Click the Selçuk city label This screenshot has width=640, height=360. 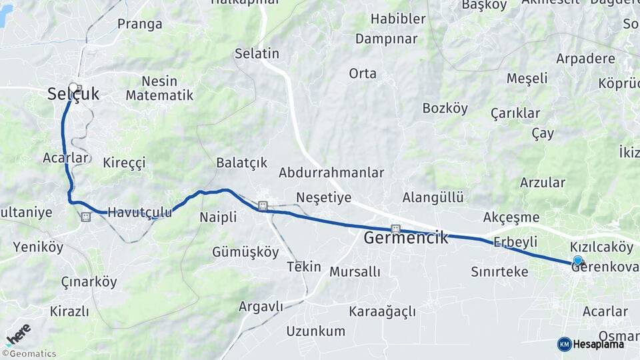tap(73, 95)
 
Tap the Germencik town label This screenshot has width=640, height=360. tap(406, 237)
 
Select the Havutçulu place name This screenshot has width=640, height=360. tap(139, 212)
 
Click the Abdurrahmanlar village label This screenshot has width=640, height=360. tap(331, 173)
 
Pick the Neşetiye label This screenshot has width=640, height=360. tap(323, 197)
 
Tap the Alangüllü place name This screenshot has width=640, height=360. tap(433, 197)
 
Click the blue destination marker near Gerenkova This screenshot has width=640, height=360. tap(577, 261)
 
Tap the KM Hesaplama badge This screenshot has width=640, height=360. tap(591, 344)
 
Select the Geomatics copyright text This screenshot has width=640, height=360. tap(29, 354)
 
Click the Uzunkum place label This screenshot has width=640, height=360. tap(316, 331)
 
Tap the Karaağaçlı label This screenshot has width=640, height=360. tap(382, 311)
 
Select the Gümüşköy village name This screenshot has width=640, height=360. tap(245, 252)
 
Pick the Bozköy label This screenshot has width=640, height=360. tap(445, 108)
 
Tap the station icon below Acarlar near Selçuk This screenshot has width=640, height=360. tap(85, 217)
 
